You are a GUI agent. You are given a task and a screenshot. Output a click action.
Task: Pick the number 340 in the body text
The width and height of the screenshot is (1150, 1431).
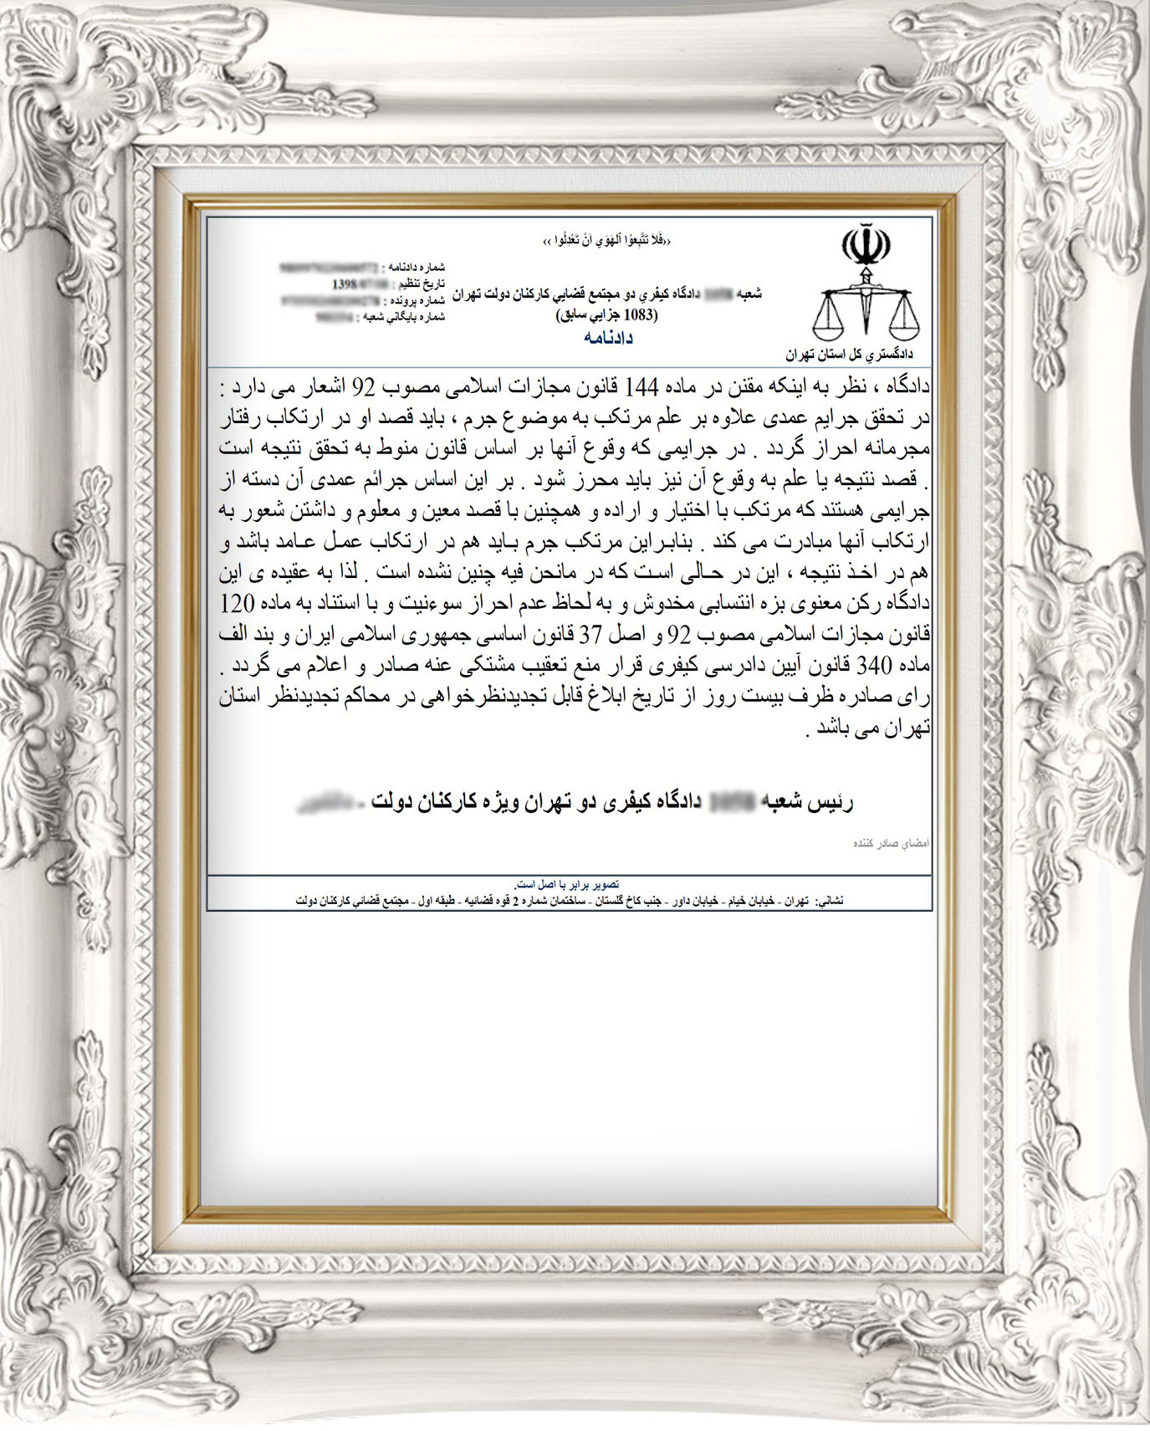[880, 667]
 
